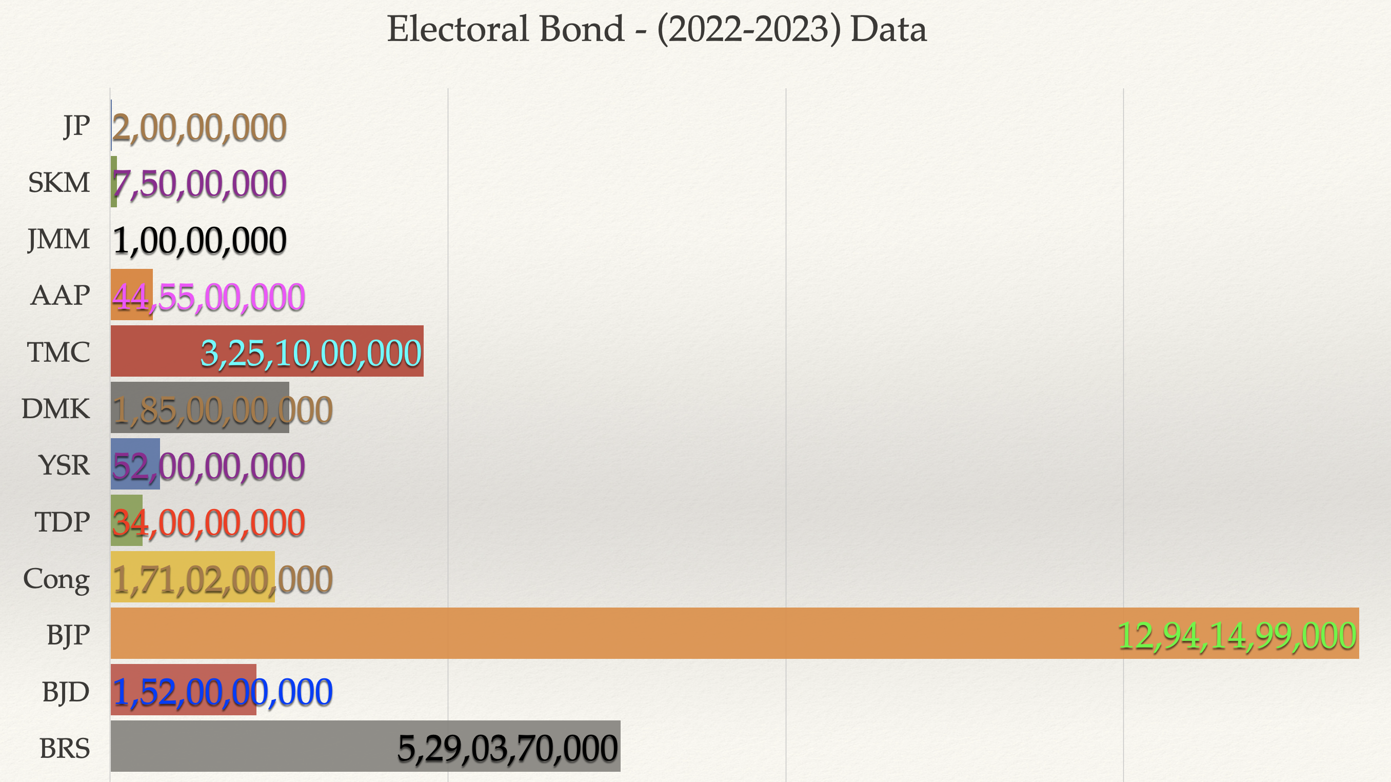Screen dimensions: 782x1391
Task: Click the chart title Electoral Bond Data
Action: pos(657,29)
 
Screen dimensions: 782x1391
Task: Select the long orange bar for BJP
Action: pos(594,633)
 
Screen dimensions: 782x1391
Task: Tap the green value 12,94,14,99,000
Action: pos(1237,636)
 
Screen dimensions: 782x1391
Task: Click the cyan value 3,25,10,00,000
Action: pos(311,354)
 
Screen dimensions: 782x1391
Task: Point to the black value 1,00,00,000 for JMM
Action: pos(199,241)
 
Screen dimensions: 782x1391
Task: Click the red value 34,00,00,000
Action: pos(208,523)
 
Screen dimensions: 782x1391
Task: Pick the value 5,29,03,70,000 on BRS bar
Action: pos(508,749)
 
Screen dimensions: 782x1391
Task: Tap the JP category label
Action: pos(76,126)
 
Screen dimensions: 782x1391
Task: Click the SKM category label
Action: pos(59,183)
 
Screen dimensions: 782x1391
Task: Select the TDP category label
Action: pos(62,522)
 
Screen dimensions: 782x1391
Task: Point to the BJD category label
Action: pos(65,692)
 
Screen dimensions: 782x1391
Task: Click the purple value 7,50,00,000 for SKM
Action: pos(199,184)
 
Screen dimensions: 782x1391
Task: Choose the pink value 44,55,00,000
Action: pos(208,298)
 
